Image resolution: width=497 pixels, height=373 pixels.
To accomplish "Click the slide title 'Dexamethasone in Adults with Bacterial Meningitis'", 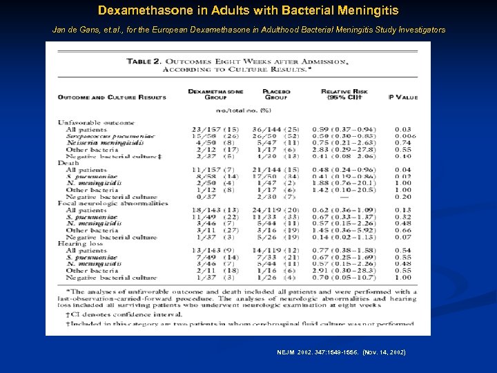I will coord(248,11).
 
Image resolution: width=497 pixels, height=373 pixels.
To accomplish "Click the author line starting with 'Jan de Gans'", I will coord(248,30).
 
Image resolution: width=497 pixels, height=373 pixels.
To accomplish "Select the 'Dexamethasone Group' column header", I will coord(215,94).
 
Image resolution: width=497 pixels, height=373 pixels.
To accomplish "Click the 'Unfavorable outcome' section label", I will coord(92,123).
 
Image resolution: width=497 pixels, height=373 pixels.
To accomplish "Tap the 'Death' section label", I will coord(68,163).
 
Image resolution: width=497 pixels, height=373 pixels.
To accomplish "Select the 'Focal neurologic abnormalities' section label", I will coord(113,203).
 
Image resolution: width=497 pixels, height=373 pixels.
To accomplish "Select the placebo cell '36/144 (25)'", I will coord(275,130).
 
